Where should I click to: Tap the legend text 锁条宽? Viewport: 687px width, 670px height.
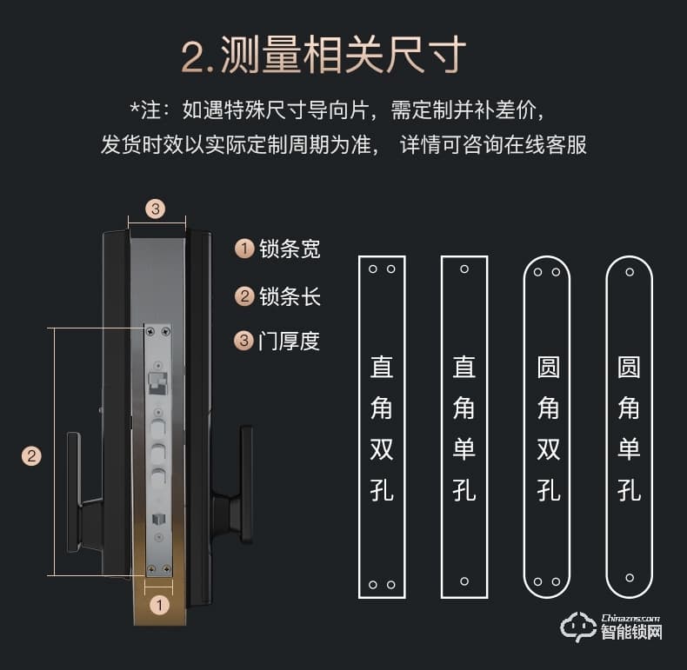coord(290,249)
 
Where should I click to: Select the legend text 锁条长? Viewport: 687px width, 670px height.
coord(290,296)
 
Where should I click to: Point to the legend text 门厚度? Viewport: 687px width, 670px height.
coord(290,341)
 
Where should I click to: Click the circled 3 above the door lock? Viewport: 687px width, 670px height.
coord(155,209)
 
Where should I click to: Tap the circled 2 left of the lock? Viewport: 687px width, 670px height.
coord(31,455)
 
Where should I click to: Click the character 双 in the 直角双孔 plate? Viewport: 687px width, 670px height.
coord(382,448)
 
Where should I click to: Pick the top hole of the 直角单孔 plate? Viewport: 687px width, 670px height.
coord(464,269)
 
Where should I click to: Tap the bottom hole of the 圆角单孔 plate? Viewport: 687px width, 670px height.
coord(629,578)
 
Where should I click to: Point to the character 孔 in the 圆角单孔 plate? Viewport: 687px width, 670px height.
coord(629,489)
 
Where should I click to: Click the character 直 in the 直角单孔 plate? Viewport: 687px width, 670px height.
coord(464,367)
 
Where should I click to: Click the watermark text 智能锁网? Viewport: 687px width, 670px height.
coord(631,633)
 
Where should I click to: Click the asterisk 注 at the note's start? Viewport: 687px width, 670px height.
coord(145,110)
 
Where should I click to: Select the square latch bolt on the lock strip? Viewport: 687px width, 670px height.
coord(157,381)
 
